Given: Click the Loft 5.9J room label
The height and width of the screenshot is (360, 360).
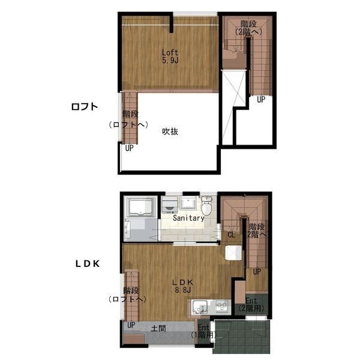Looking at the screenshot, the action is pyautogui.click(x=170, y=56).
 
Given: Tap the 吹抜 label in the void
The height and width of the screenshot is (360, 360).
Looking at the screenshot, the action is pyautogui.click(x=170, y=131).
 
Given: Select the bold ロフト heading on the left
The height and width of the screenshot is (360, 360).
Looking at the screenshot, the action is pyautogui.click(x=85, y=107).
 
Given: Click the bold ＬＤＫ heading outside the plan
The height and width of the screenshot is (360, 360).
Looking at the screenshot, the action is pyautogui.click(x=88, y=264).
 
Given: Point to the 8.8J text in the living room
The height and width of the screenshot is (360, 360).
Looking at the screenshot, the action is pyautogui.click(x=183, y=290).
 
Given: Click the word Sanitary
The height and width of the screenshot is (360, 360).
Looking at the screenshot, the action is pyautogui.click(x=188, y=218).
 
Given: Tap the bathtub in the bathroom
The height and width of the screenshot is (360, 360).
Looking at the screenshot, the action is pyautogui.click(x=141, y=208).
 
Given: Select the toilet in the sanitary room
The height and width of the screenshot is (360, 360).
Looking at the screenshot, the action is pyautogui.click(x=206, y=206).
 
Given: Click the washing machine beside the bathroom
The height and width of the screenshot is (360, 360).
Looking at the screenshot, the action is pyautogui.click(x=170, y=205).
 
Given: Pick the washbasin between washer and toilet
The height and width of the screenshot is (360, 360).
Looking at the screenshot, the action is pyautogui.click(x=188, y=203).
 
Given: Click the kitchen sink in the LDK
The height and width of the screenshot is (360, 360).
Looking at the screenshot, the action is pyautogui.click(x=199, y=307).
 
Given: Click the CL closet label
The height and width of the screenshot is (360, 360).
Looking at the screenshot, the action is pyautogui.click(x=232, y=235).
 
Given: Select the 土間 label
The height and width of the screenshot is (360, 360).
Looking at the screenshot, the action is pyautogui.click(x=158, y=328).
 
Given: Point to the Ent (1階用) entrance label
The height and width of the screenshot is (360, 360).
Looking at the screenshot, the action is pyautogui.click(x=204, y=331).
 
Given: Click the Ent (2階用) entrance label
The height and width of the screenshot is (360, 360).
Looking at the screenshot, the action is pyautogui.click(x=251, y=305).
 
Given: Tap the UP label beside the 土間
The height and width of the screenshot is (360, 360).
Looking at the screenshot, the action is pyautogui.click(x=131, y=325).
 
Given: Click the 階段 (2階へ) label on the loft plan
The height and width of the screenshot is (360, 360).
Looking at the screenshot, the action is pyautogui.click(x=248, y=28).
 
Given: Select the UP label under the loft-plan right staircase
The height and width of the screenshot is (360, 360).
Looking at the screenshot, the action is pyautogui.click(x=261, y=100).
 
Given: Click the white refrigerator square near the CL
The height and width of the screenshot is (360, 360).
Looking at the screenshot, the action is pyautogui.click(x=233, y=253).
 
